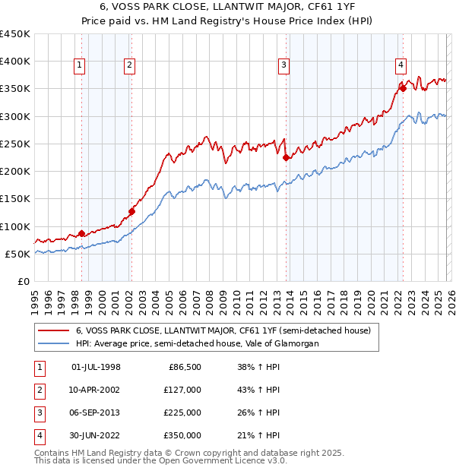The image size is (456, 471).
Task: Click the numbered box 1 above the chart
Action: point(80,66)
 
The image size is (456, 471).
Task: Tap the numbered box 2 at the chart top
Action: point(130,66)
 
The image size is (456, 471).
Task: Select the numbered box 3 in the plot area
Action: point(283,66)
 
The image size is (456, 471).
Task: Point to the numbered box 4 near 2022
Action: point(400,65)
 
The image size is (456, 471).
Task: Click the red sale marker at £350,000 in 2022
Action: point(404,88)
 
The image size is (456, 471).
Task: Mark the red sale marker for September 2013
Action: point(286,158)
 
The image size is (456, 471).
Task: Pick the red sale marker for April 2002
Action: point(131,212)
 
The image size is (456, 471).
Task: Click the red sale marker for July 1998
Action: point(81,234)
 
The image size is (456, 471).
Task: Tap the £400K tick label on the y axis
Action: point(15,62)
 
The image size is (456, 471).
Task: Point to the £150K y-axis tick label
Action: point(15,199)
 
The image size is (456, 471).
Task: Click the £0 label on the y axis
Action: point(23,282)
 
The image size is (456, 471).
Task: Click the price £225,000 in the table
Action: point(182,414)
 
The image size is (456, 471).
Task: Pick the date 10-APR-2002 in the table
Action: point(95,390)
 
